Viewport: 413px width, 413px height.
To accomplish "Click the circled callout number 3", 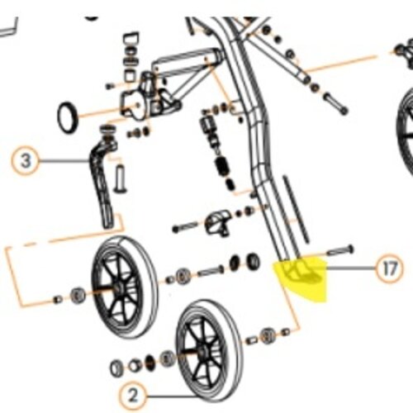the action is (26, 161).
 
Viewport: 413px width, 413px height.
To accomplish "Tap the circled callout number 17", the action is (389, 268).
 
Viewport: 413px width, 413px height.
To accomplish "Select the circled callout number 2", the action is (133, 396).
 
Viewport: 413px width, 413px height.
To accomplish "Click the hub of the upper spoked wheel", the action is (118, 288).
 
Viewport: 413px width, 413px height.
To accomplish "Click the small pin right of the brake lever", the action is (121, 179).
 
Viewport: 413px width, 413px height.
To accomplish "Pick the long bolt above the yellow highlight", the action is (339, 250).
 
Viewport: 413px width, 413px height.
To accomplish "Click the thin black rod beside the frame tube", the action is (297, 208).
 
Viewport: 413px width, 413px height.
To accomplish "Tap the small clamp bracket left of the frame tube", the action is (217, 222).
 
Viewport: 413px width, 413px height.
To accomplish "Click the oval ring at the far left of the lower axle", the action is (116, 368).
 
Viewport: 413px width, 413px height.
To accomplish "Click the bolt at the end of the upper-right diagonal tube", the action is (336, 105).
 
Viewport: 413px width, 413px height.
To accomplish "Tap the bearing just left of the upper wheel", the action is (78, 296).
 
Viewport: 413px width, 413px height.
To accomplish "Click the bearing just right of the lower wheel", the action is (266, 335).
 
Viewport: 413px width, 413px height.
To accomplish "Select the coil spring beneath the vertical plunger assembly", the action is (222, 168).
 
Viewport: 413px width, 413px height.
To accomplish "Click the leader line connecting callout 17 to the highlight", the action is (351, 268).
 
